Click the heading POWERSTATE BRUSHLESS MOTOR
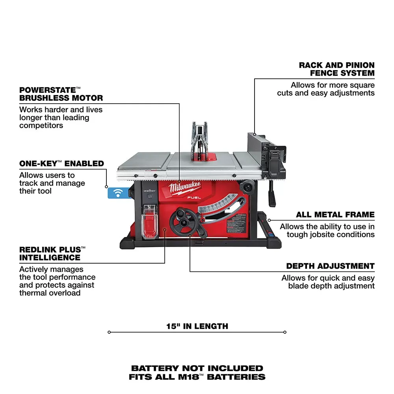pyautogui.click(x=61, y=94)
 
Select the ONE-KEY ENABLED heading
pyautogui.click(x=61, y=163)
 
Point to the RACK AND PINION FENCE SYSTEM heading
pyautogui.click(x=336, y=69)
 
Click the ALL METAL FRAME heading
pyautogui.click(x=335, y=215)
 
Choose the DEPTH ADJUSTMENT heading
pyautogui.click(x=330, y=266)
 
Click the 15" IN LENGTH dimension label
pyautogui.click(x=197, y=326)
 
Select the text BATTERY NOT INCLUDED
pyautogui.click(x=197, y=368)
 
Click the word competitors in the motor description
pyautogui.click(x=41, y=125)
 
